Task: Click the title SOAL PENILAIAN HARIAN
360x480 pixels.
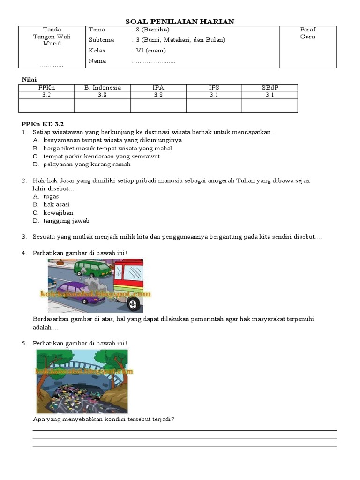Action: (x=180, y=22)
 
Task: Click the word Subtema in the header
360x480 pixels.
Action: (x=101, y=40)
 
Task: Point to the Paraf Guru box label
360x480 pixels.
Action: (x=308, y=33)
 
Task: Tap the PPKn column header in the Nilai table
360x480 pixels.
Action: (x=46, y=88)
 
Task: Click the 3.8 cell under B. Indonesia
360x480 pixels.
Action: (x=102, y=95)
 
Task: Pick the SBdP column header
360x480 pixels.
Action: (x=270, y=88)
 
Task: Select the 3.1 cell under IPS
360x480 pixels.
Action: (x=214, y=95)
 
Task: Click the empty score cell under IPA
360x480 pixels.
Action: (x=158, y=105)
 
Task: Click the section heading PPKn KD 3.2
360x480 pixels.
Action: (x=42, y=124)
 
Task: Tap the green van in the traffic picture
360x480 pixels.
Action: (x=92, y=269)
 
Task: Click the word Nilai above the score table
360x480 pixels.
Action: (x=30, y=80)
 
